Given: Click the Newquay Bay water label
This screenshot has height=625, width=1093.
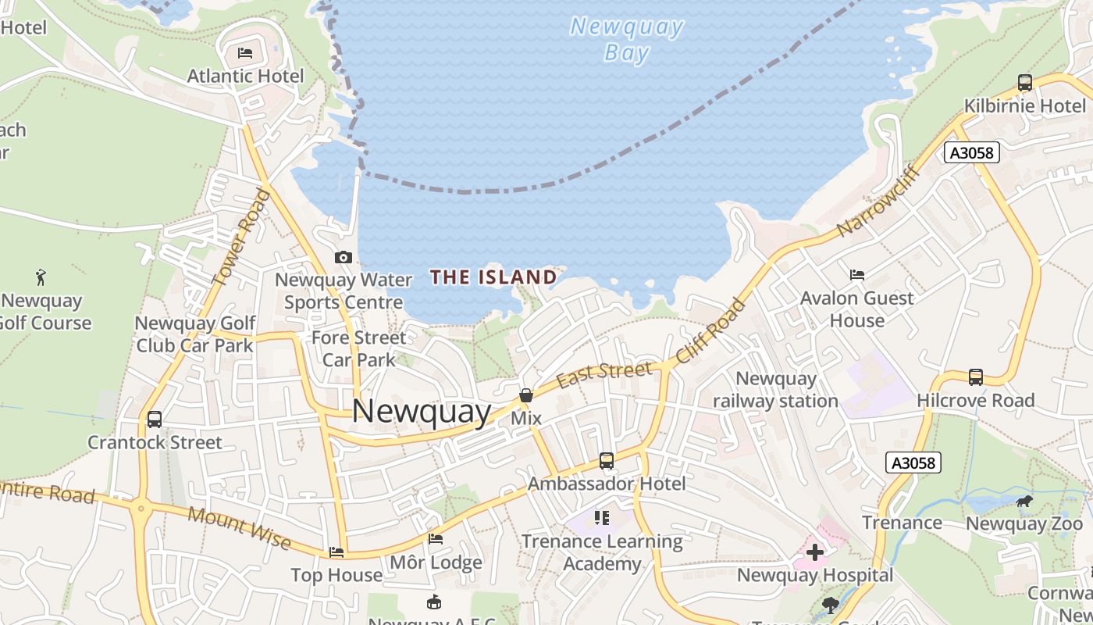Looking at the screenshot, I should coord(627,39).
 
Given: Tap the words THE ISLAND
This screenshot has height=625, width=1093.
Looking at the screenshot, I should coord(493,277).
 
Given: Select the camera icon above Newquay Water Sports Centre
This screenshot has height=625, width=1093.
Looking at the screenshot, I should coord(343,257).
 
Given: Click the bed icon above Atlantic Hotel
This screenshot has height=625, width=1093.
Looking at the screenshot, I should coord(245,53).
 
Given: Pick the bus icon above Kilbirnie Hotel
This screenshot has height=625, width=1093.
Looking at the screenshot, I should coord(1024,82).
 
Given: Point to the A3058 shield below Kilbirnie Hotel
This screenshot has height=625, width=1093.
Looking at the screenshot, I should coord(972,152).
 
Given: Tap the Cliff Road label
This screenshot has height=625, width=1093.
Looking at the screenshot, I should coord(711,330).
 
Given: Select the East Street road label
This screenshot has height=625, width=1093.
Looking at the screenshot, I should coord(603,375).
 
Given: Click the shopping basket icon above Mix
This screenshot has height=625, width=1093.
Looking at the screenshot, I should coord(526,395).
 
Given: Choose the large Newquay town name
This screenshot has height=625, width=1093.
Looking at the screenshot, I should coord(422,411).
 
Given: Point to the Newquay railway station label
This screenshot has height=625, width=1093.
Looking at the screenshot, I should coord(775,390).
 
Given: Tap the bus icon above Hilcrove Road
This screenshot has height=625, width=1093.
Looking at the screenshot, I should coord(975,377).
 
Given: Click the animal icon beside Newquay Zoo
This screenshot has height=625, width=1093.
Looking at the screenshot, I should coord(1024,501).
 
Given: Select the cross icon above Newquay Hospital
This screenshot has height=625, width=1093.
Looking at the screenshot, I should coord(814,552).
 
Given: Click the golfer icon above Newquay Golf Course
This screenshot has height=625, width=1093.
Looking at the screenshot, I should coord(41,277).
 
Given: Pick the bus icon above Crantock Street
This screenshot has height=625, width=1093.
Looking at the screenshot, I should coord(155,420).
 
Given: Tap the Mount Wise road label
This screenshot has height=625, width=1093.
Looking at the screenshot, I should coord(239,528).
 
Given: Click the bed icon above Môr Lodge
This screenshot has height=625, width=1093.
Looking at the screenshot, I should coord(436,539).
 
